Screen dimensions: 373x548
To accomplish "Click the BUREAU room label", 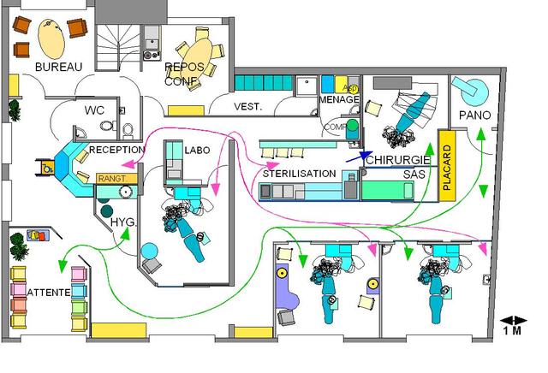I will pos(58,67).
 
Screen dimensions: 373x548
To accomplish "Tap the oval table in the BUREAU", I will pos(52,38).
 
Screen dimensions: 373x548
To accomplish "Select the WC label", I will pos(93,111).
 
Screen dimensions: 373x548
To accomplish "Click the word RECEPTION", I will pos(117,149).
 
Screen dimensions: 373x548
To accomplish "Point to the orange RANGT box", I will pos(112,179).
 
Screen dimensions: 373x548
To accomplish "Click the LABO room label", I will pos(196,150).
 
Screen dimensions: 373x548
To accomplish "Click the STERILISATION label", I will pos(299,174).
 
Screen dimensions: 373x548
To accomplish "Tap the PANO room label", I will pos(474,115).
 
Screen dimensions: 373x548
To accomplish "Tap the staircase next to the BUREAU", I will pos(116,47).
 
